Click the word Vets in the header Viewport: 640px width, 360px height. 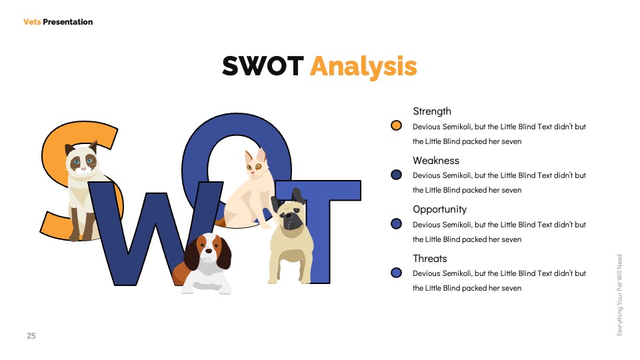[x=32, y=22]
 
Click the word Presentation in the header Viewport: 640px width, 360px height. [x=68, y=22]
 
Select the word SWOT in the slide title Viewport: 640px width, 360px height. [x=263, y=66]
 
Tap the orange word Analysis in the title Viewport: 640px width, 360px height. [x=363, y=67]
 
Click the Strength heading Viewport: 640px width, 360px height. [x=432, y=111]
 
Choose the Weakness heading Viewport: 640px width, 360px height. [x=436, y=161]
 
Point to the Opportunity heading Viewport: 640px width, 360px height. [x=439, y=209]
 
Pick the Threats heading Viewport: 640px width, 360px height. [x=430, y=259]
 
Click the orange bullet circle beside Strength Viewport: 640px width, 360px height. [x=396, y=125]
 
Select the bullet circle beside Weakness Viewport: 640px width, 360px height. [x=396, y=175]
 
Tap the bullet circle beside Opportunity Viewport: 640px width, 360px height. [x=396, y=224]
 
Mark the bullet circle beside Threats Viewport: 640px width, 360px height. [x=396, y=273]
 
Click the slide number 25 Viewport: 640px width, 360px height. [x=31, y=336]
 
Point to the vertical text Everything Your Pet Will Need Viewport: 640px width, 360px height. [x=619, y=295]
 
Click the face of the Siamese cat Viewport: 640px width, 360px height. [x=83, y=162]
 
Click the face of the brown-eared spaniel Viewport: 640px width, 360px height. [x=208, y=251]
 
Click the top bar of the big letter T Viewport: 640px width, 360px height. [x=318, y=190]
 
